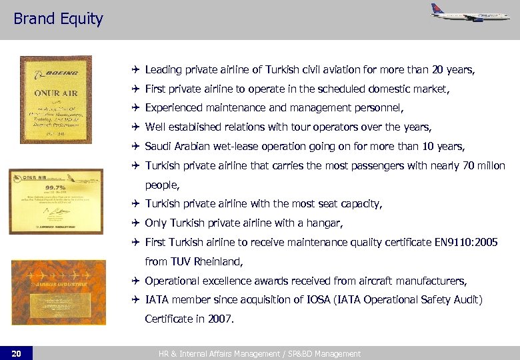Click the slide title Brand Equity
click(58, 19)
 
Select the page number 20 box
click(16, 353)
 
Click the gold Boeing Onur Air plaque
click(56, 99)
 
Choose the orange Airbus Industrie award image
click(58, 292)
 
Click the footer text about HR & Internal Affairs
click(259, 354)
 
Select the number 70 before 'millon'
click(451, 165)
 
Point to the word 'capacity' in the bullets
click(359, 204)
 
